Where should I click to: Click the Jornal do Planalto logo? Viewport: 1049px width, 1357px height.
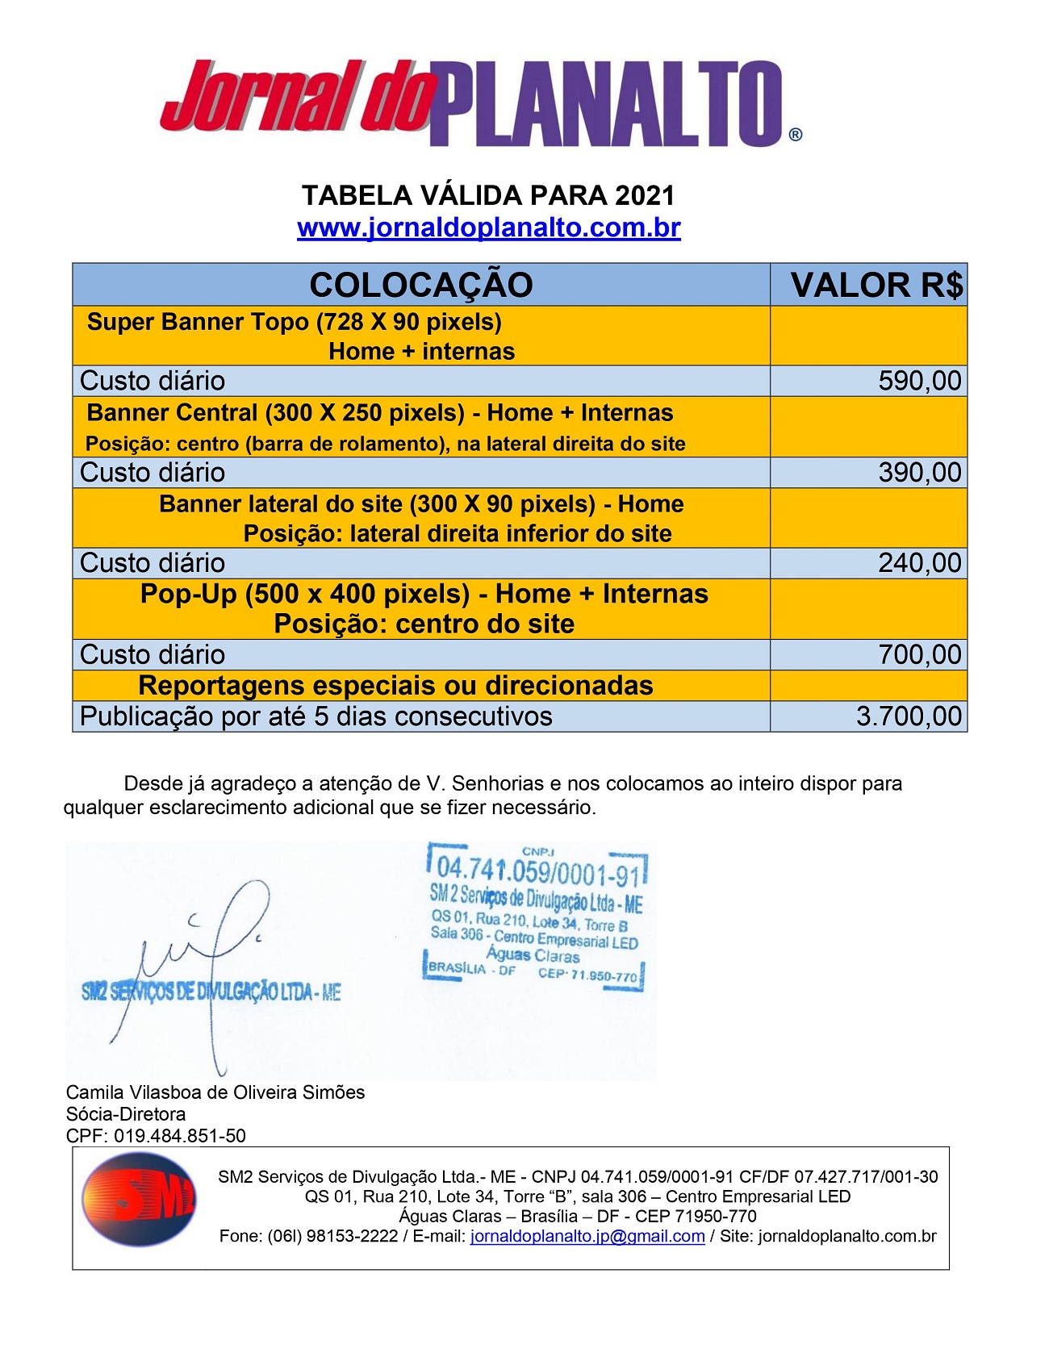(x=481, y=102)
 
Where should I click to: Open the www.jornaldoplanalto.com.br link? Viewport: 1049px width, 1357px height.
(x=488, y=228)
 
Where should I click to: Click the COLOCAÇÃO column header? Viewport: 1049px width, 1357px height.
(x=420, y=285)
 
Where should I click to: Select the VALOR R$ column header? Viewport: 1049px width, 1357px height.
(x=876, y=285)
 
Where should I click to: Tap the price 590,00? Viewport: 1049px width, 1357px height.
(x=919, y=381)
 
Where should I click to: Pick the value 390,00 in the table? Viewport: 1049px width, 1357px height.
(x=919, y=473)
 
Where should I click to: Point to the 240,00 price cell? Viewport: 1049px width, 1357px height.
(x=919, y=563)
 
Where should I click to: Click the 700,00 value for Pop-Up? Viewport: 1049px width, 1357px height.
(x=919, y=654)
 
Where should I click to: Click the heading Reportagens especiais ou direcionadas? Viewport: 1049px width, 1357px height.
(x=395, y=686)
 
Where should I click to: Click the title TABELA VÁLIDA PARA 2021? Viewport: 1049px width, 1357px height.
(x=488, y=195)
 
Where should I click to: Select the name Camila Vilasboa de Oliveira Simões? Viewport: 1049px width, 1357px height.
(x=215, y=1092)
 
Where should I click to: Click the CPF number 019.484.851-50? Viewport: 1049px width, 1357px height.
(x=179, y=1136)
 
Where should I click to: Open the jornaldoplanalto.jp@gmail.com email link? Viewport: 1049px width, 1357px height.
(x=587, y=1236)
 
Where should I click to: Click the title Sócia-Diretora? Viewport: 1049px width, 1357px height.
(x=126, y=1114)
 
